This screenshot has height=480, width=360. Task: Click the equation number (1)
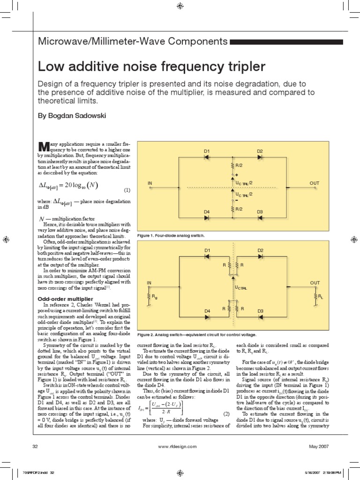(127, 190)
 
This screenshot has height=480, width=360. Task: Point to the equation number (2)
(225, 414)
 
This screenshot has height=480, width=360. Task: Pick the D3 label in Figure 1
(260, 212)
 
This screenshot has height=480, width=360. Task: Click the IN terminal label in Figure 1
(150, 182)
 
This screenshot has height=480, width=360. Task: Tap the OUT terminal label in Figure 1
(314, 182)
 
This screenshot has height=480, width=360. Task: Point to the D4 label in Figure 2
(206, 311)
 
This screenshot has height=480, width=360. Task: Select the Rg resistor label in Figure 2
(154, 297)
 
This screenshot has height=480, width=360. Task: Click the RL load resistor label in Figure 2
(321, 297)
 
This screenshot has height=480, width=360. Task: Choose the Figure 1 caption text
(171, 234)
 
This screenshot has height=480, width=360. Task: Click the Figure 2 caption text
(197, 335)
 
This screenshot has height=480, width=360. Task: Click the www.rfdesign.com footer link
(180, 446)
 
